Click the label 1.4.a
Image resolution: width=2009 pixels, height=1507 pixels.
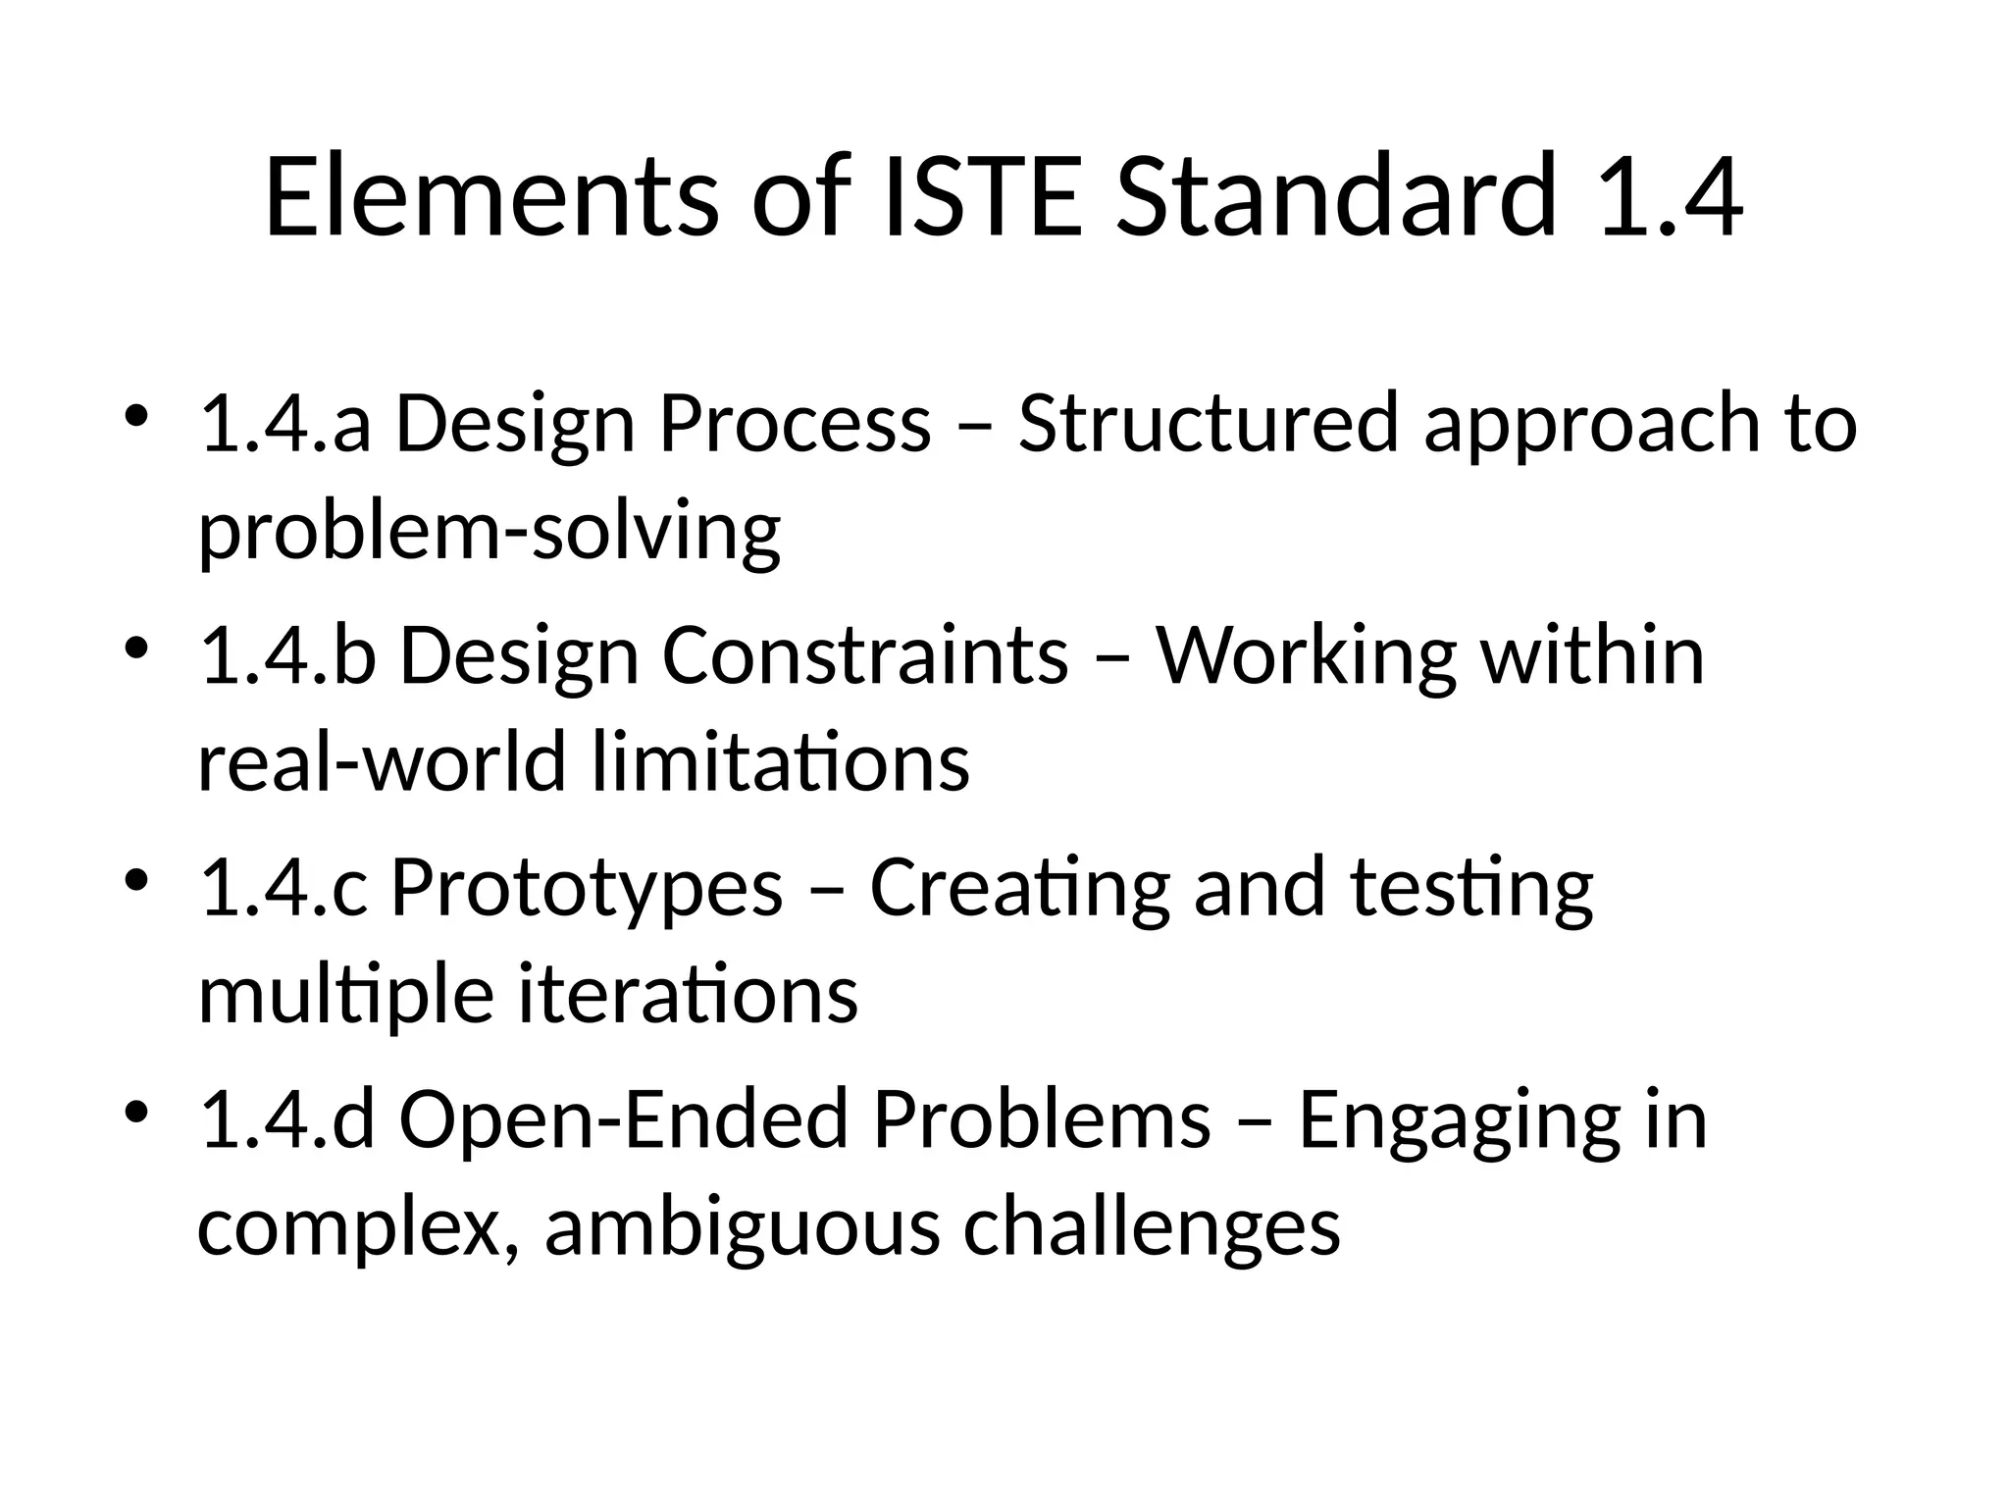(285, 425)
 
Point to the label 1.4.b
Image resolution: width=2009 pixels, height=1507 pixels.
(287, 656)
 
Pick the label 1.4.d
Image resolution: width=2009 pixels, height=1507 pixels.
(287, 1120)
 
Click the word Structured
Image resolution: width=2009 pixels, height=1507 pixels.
(1208, 425)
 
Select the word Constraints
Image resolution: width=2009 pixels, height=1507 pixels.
(865, 656)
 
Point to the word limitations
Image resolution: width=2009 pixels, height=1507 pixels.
(781, 763)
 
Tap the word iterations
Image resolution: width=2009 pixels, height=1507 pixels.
(688, 996)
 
